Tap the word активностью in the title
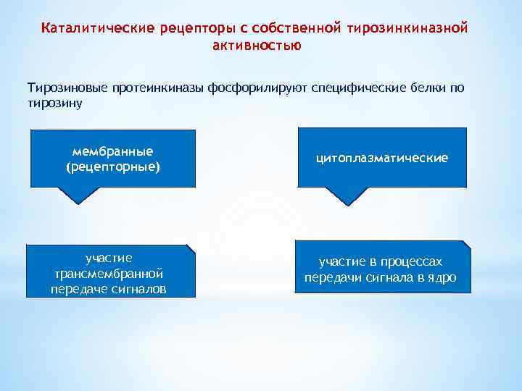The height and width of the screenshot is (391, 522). (257, 45)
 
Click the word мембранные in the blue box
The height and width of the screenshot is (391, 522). (112, 151)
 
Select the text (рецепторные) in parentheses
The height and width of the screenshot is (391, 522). (112, 167)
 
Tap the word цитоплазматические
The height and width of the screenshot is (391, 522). (381, 157)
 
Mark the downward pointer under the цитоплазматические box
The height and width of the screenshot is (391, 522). (347, 195)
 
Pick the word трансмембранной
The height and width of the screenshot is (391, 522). (109, 274)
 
